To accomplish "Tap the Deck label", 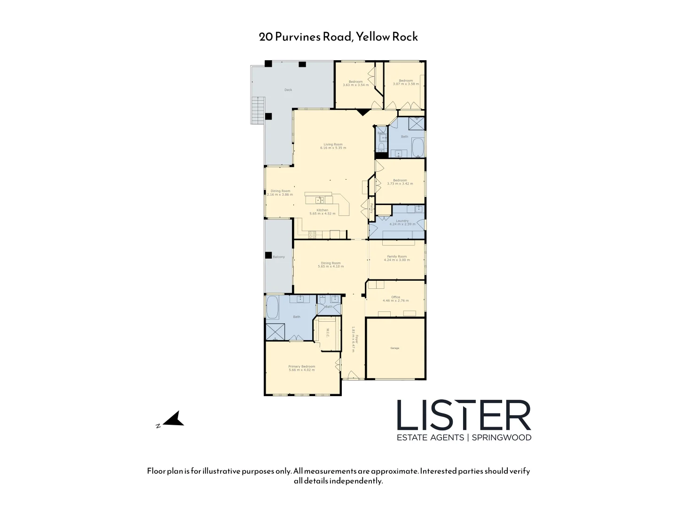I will (x=288, y=90).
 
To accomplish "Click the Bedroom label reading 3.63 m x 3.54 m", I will (x=355, y=83).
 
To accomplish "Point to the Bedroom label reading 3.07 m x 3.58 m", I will (x=406, y=82).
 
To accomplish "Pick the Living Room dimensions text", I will (x=333, y=148).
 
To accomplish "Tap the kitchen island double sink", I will (x=320, y=200).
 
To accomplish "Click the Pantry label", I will (x=371, y=208).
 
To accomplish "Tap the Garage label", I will (x=394, y=349).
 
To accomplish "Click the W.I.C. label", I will (x=328, y=333).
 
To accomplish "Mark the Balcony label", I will (x=279, y=257).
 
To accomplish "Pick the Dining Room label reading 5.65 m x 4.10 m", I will (x=331, y=265).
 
